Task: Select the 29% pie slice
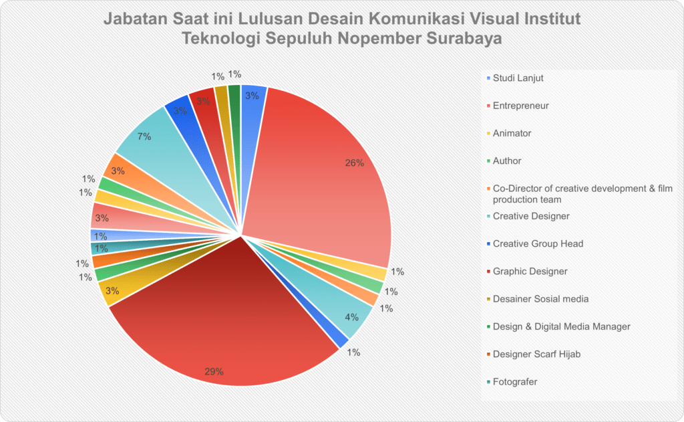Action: coord(220,321)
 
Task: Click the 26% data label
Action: coord(354,163)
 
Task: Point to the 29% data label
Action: coord(214,371)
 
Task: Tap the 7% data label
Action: coord(144,136)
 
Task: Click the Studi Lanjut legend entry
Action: coord(518,78)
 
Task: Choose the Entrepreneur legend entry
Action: coord(520,106)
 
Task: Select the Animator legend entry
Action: coord(512,133)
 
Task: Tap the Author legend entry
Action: coord(507,161)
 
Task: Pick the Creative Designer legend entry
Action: coord(531,216)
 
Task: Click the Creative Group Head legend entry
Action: coord(538,243)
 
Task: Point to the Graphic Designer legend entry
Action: coord(530,272)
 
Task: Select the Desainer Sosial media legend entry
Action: coord(540,299)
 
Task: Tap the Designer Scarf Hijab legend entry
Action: coord(536,354)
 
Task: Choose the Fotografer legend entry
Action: coord(515,382)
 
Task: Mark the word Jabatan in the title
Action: coord(134,17)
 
